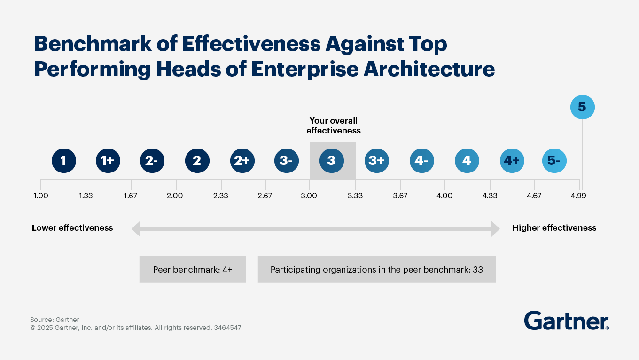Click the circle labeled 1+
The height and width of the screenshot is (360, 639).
point(108,161)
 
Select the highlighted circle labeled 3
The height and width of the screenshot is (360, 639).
point(332,161)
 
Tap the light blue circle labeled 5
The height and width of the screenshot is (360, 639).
point(582,107)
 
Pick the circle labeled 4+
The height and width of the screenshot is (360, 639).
point(512,161)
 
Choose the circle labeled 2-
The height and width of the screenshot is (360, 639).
point(152,161)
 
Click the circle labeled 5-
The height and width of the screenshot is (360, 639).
point(554,161)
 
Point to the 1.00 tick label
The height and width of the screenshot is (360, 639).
point(40,196)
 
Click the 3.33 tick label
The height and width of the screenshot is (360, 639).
point(355,196)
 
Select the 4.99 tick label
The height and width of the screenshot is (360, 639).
point(578,196)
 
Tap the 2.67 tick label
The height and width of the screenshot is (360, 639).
point(265,196)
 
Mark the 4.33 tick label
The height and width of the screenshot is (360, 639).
point(490,196)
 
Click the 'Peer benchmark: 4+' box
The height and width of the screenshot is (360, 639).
point(193,269)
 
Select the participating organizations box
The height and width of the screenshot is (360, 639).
point(376,269)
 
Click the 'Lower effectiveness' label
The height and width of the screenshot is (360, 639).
point(72,228)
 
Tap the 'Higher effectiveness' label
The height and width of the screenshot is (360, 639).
point(554,228)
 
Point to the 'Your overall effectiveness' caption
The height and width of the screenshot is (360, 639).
point(334,125)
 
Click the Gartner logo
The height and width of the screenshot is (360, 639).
point(566,321)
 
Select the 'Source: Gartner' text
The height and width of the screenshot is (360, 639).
point(55,320)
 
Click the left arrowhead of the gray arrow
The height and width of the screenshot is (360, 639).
point(136,229)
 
